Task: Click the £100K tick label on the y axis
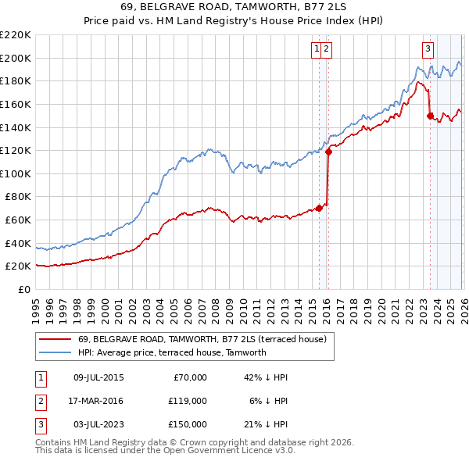point(16,173)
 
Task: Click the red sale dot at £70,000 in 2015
point(319,208)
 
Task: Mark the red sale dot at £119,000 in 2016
point(328,152)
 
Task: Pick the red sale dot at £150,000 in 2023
point(430,116)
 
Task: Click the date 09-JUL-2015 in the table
point(98,377)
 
